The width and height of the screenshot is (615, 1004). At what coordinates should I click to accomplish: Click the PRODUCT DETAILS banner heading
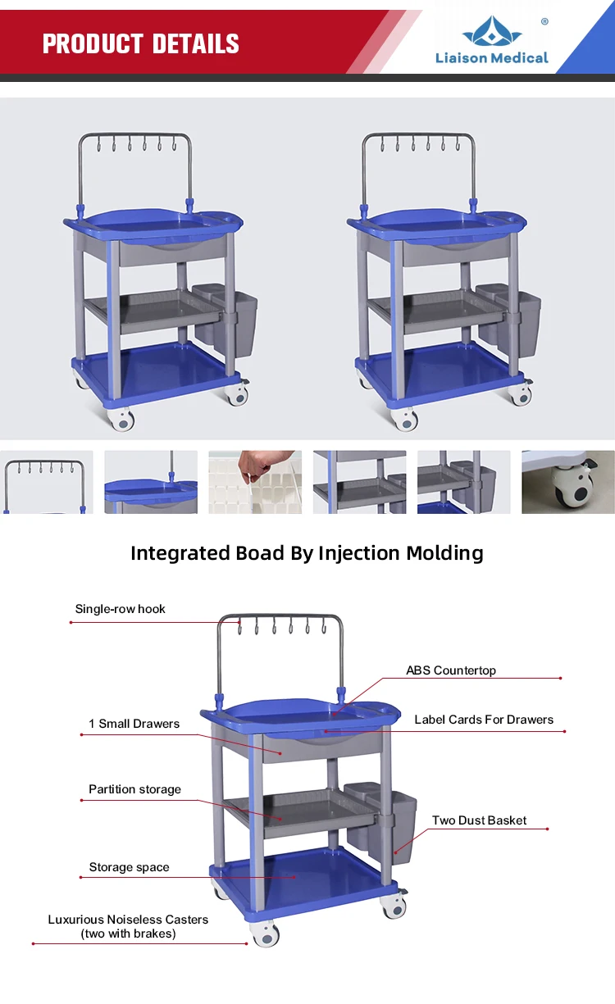[141, 43]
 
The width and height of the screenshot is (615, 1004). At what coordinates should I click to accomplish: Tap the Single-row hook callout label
[121, 609]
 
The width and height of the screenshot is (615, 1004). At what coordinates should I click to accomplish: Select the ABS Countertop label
[451, 670]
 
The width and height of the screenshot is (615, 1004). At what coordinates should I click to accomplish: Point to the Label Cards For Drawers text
[484, 720]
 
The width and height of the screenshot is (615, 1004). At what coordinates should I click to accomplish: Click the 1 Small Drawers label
[134, 724]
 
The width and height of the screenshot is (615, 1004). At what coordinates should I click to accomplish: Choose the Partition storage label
[135, 789]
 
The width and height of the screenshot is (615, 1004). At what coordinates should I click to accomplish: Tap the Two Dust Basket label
[480, 820]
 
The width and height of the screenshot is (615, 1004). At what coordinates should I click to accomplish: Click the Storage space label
[130, 867]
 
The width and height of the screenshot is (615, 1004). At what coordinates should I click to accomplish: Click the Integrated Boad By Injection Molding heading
[307, 553]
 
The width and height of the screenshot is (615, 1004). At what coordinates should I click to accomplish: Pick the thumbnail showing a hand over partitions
[255, 482]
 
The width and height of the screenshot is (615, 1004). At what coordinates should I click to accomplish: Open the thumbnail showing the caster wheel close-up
[568, 482]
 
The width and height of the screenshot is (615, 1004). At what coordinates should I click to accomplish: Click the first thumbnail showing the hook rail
[47, 482]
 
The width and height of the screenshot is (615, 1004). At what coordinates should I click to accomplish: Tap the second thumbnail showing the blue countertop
[151, 482]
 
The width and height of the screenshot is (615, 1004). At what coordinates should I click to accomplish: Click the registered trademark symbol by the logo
[544, 22]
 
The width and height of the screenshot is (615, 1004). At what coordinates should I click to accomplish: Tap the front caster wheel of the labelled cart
[266, 934]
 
